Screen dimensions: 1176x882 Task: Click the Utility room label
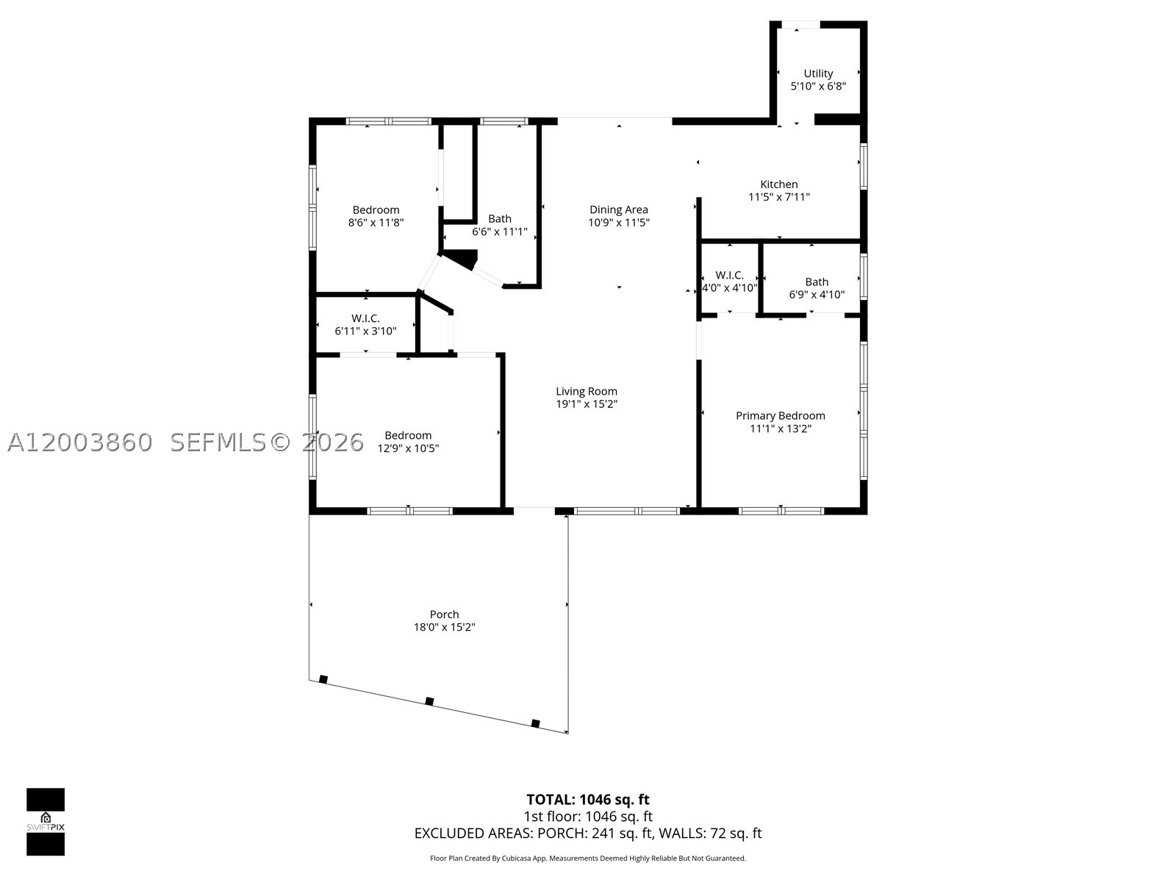click(x=818, y=73)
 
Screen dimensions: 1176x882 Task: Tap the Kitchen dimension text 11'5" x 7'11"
click(x=779, y=196)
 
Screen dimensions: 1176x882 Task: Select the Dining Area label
click(x=619, y=209)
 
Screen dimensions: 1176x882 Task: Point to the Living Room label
click(x=587, y=391)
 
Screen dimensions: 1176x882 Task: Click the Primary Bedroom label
click(x=781, y=415)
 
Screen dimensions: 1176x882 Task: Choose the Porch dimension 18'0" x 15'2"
click(x=444, y=626)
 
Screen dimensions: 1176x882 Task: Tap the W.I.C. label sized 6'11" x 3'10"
click(x=365, y=318)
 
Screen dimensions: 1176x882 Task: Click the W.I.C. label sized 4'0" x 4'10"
click(x=730, y=275)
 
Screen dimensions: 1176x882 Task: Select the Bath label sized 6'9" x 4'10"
click(x=817, y=282)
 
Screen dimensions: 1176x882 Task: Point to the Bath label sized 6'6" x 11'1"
click(x=500, y=218)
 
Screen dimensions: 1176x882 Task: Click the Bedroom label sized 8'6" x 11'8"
click(x=376, y=209)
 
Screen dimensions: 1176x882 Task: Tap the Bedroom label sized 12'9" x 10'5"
click(x=408, y=435)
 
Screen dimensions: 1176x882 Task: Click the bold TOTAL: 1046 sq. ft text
click(x=588, y=800)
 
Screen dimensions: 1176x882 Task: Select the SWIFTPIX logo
click(x=46, y=822)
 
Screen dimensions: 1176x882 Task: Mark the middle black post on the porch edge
click(x=429, y=701)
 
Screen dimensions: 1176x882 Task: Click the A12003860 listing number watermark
click(x=80, y=442)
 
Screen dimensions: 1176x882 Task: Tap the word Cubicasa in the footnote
click(x=517, y=858)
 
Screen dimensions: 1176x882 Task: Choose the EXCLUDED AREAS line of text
click(x=588, y=833)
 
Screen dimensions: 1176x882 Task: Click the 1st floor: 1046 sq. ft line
click(x=588, y=816)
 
